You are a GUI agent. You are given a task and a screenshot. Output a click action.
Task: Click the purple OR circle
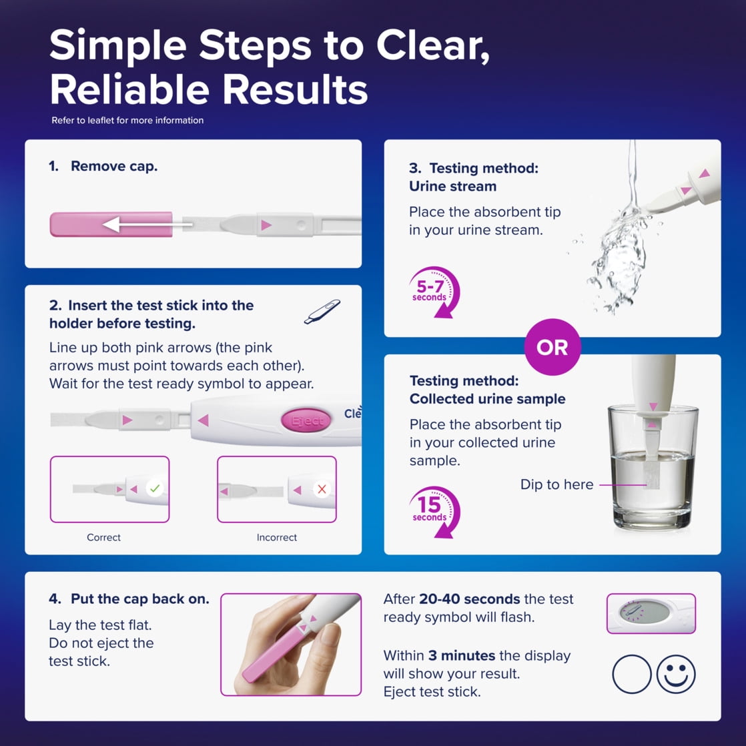[552, 347]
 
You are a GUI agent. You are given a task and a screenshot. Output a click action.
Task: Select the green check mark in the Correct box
[155, 488]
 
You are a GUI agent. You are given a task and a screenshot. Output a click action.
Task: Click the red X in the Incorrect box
[322, 489]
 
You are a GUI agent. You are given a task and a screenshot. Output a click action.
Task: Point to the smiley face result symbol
[675, 674]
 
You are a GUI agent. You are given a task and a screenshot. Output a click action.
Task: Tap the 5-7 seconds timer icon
[434, 291]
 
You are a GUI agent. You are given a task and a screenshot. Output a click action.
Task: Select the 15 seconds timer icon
[434, 512]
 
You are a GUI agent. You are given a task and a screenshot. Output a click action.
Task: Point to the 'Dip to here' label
[556, 484]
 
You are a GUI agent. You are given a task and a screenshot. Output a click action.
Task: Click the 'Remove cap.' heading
[114, 166]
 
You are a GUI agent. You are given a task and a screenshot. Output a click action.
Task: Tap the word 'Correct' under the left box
[103, 537]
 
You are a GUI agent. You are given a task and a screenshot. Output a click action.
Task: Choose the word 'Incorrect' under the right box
[277, 537]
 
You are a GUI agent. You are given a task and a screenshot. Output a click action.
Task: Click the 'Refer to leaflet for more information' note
[127, 120]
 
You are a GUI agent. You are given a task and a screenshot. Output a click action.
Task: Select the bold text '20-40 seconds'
[470, 599]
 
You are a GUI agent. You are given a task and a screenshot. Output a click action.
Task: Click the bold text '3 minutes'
[462, 656]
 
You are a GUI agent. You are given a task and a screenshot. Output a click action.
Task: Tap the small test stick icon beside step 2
[322, 312]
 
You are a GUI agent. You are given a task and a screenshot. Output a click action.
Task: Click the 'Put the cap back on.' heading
[140, 599]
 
